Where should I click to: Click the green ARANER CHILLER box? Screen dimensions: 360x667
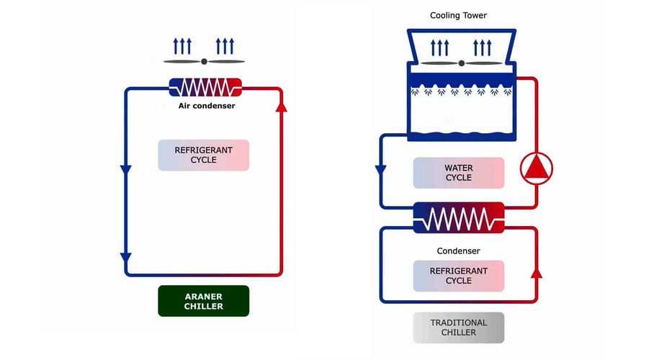point(204,301)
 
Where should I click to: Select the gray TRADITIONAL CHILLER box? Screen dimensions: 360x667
point(459,328)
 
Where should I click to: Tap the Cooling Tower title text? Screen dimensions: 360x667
point(459,15)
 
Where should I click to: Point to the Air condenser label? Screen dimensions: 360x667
point(207,106)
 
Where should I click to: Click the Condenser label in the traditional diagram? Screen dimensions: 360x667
point(458,251)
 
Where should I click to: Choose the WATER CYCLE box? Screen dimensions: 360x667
point(458,173)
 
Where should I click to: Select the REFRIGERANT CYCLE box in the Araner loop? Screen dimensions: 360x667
point(204,155)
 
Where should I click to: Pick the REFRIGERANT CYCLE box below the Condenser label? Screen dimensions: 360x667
point(458,276)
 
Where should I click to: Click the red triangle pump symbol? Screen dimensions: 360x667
point(536,168)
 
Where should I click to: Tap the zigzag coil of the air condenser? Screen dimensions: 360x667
point(204,88)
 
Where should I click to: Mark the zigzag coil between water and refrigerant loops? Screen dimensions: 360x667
point(459,217)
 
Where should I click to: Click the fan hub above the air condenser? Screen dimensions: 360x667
point(204,62)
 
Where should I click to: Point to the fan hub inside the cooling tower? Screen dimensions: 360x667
point(461,63)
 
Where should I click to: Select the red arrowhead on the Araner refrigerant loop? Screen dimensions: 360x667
point(282,107)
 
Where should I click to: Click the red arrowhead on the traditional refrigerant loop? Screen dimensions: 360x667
point(537,274)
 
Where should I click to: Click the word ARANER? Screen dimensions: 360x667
point(204,295)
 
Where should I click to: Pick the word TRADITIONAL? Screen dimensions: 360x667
point(459,323)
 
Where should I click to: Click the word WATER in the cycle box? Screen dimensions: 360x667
point(458,168)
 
